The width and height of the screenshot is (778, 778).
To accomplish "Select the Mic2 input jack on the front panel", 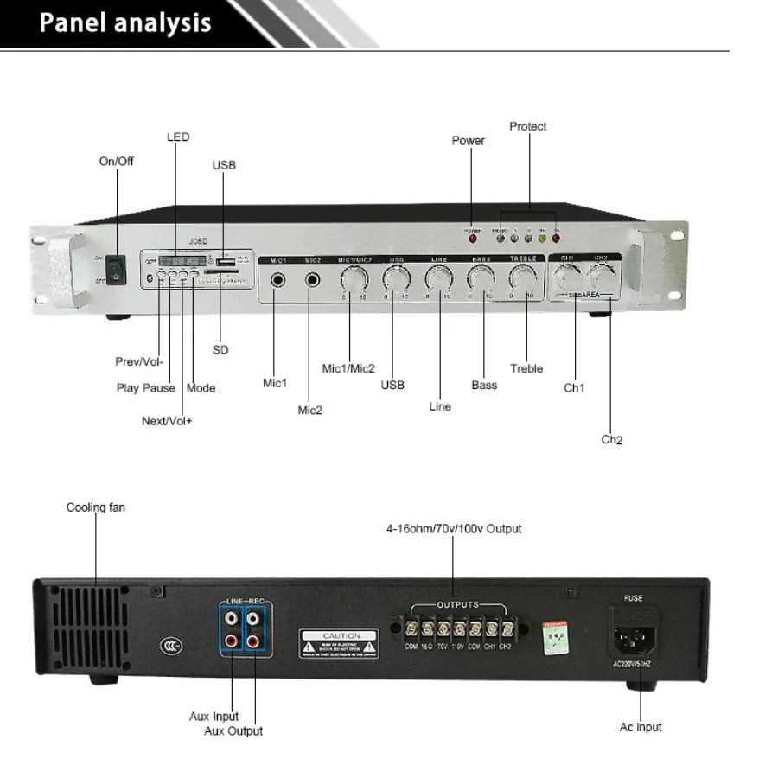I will click(x=312, y=280).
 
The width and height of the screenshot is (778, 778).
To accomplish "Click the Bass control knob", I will click(x=481, y=278).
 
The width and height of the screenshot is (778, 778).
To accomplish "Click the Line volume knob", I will click(x=438, y=278).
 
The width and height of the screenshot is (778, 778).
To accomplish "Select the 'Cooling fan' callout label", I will click(x=95, y=507).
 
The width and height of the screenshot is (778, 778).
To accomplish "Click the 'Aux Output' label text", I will click(x=233, y=731).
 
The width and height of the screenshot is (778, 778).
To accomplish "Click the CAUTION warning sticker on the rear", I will click(x=339, y=644).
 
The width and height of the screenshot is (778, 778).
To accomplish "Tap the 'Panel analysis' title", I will click(x=125, y=23).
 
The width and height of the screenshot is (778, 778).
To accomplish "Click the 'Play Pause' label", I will click(x=145, y=388).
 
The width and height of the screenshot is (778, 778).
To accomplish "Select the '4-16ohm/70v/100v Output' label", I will click(x=454, y=528).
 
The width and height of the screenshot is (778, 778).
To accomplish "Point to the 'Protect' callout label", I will click(x=527, y=126).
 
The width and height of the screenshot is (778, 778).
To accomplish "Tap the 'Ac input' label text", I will click(x=641, y=727).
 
